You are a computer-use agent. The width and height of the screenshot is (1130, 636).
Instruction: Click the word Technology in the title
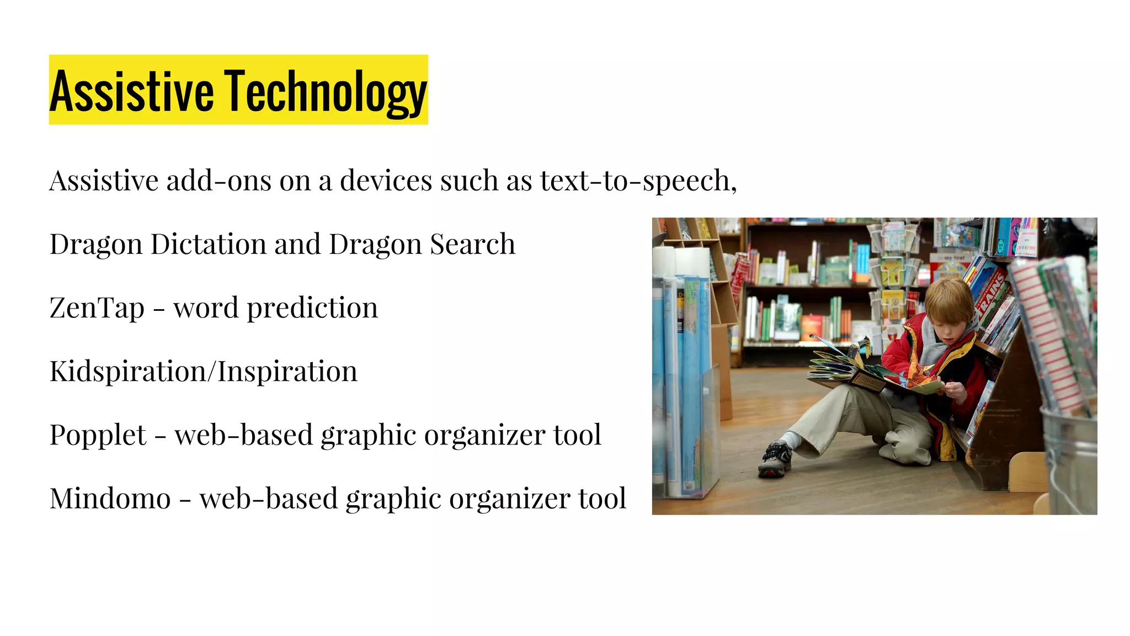(x=325, y=91)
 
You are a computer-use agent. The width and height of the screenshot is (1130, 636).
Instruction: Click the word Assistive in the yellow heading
(x=132, y=91)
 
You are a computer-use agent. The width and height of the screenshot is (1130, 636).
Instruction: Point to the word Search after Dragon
(x=472, y=244)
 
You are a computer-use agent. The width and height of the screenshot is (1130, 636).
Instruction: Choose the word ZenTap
(x=97, y=308)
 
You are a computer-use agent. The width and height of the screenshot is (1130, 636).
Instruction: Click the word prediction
(x=312, y=308)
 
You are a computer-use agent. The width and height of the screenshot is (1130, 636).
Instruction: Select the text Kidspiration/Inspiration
(x=204, y=371)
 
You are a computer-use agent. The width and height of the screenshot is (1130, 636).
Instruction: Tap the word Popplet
(x=98, y=434)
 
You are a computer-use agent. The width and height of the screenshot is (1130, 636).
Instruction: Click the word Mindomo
(x=110, y=498)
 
